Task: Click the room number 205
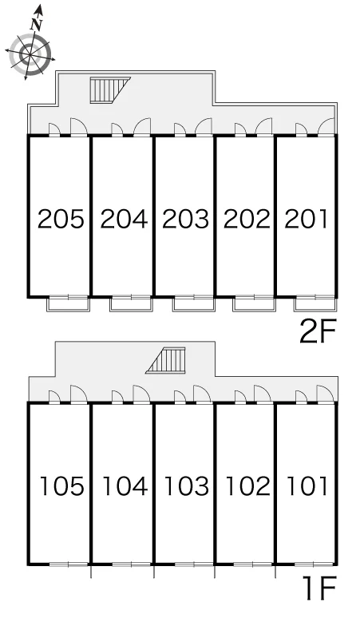(x=61, y=219)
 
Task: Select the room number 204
(x=124, y=219)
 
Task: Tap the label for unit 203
(x=185, y=219)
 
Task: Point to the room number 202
(x=247, y=219)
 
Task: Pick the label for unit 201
(x=306, y=219)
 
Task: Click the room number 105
(x=62, y=486)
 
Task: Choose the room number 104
(x=125, y=486)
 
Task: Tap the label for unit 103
(x=186, y=486)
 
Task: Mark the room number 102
(x=247, y=486)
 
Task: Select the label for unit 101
(x=307, y=486)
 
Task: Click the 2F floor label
(x=318, y=331)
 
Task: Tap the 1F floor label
(x=320, y=588)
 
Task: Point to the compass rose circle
(x=30, y=54)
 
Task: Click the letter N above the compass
(x=36, y=25)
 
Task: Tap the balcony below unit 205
(x=68, y=303)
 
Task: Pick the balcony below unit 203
(x=194, y=303)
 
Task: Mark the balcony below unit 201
(x=315, y=303)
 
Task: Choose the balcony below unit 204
(x=131, y=303)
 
